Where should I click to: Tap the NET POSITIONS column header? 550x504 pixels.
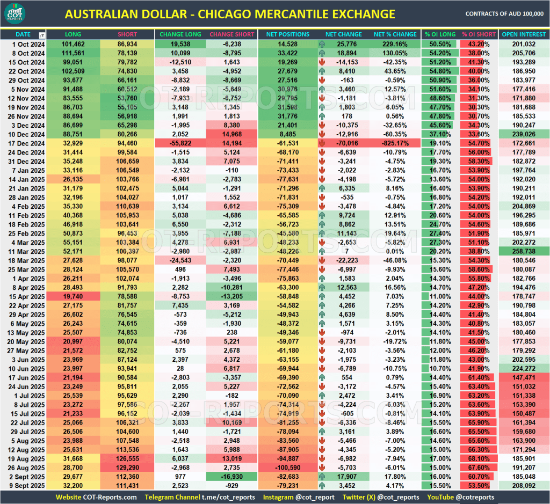point(288,34)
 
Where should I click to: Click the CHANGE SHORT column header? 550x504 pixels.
point(232,34)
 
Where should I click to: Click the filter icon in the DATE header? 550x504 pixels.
point(42,35)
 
